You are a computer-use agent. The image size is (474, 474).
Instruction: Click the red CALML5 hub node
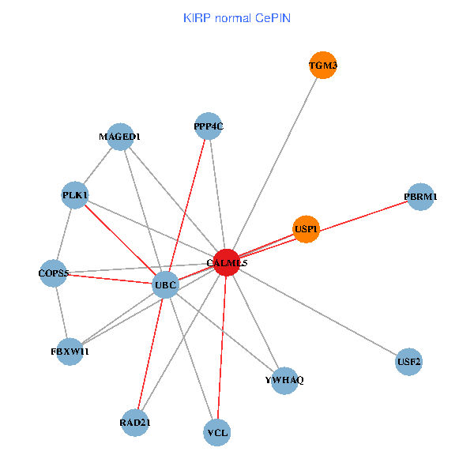[227, 262]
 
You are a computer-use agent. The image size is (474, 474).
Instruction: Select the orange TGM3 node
[323, 66]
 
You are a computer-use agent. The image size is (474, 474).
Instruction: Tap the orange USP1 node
[306, 230]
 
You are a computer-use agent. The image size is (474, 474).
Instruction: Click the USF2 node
[408, 363]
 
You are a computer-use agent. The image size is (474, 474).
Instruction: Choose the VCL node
[217, 433]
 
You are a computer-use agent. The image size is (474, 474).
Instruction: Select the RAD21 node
[135, 423]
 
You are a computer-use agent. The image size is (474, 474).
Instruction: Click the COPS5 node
[55, 273]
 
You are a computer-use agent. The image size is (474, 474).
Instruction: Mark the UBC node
[165, 284]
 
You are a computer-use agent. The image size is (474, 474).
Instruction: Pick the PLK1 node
[75, 195]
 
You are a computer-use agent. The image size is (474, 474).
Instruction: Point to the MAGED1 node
[119, 137]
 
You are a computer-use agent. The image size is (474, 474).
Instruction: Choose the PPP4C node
[209, 126]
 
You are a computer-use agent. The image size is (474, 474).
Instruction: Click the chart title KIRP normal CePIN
[236, 17]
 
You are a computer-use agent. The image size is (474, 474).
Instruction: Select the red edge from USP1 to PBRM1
[363, 213]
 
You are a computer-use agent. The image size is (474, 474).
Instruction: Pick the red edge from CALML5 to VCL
[222, 348]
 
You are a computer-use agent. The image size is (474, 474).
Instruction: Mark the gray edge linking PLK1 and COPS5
[65, 235]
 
